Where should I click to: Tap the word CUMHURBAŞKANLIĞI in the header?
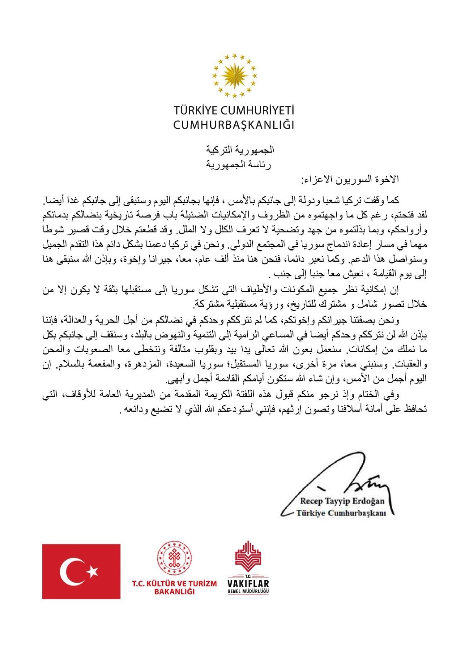(x=234, y=124)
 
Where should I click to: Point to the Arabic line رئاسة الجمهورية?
(x=238, y=165)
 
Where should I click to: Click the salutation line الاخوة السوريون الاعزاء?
(x=350, y=179)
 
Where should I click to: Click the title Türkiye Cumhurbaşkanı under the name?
(x=341, y=513)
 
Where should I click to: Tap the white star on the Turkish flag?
(x=92, y=571)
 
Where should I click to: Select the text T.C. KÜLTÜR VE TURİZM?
(x=174, y=583)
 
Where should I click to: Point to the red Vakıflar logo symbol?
(x=248, y=556)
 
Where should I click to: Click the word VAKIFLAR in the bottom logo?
(x=248, y=583)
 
